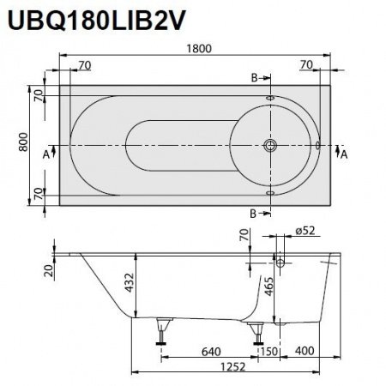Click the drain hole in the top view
pyautogui.click(x=273, y=146)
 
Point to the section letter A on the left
pyautogui.click(x=46, y=155)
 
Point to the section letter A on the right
pyautogui.click(x=344, y=155)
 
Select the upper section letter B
pyautogui.click(x=254, y=79)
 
